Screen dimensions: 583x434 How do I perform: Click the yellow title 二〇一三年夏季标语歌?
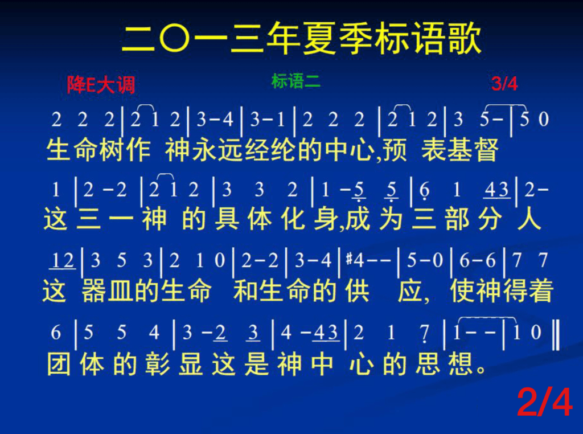302,38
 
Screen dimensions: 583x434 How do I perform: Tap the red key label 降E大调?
101,85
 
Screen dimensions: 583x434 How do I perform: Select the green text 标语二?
296,81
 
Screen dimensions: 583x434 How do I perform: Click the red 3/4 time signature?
504,84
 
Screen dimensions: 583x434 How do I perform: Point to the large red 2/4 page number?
544,402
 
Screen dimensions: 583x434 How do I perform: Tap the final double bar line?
555,335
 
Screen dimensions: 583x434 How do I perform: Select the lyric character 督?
486,150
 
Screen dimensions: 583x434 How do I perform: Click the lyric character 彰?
157,363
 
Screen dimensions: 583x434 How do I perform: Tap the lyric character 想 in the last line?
461,363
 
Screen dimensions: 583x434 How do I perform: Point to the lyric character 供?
357,291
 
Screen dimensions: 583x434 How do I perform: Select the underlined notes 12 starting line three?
63,261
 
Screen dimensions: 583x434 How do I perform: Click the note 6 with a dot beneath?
424,191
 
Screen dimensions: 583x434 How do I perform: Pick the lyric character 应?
410,291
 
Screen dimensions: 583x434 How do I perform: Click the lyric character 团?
59,363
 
